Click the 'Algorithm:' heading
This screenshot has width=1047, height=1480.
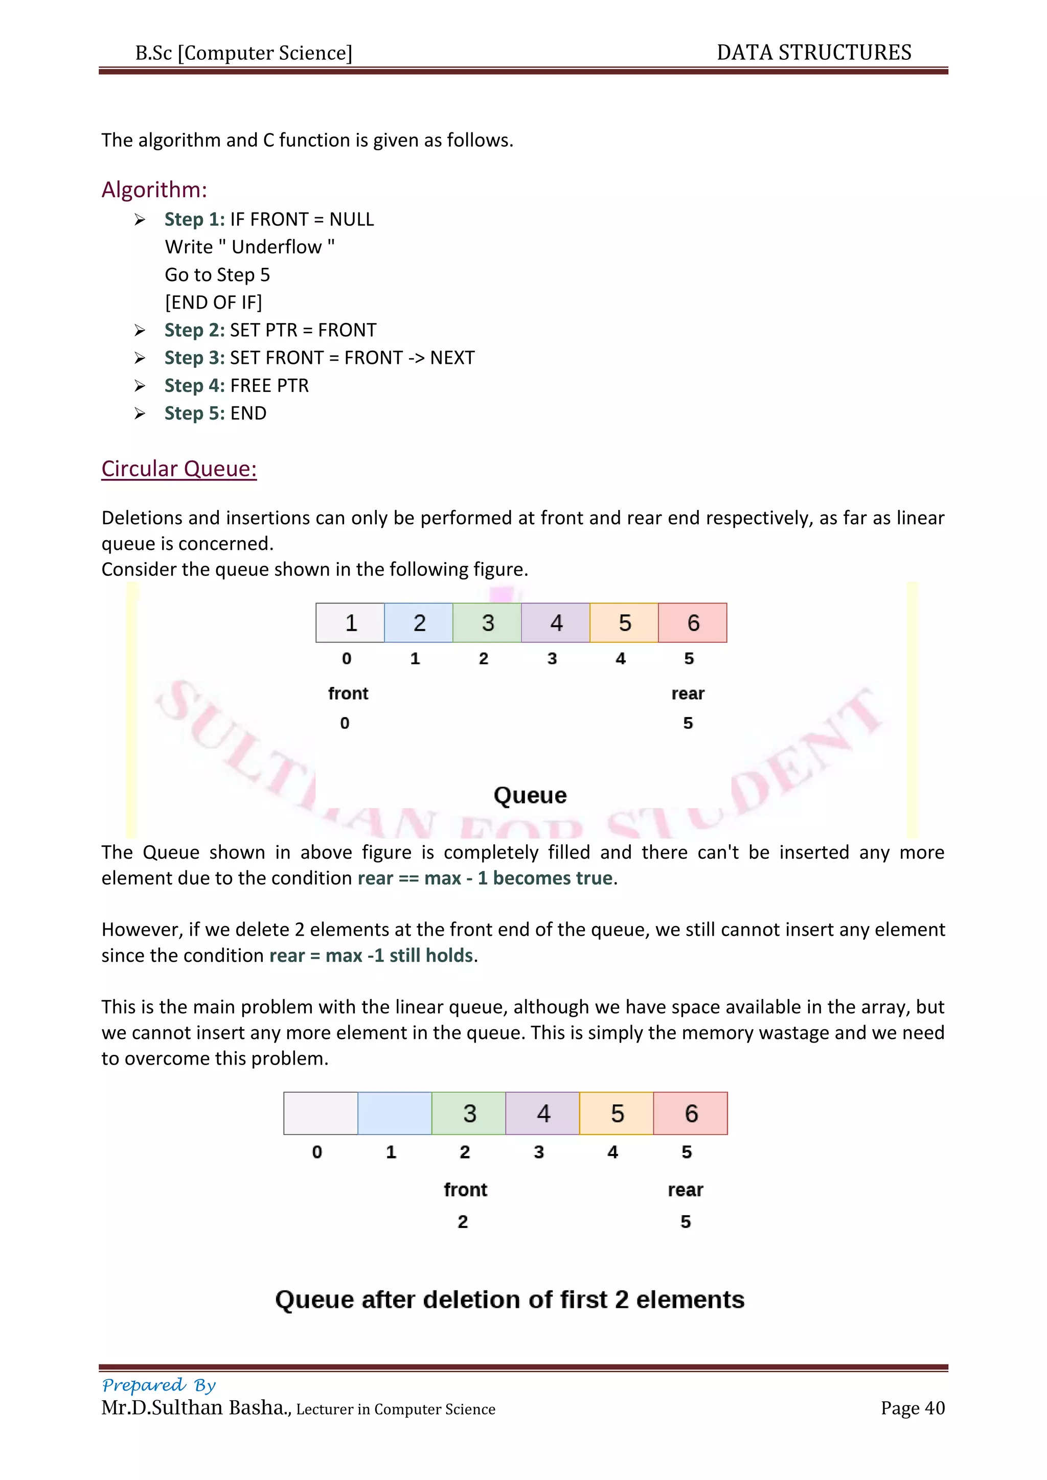pos(154,190)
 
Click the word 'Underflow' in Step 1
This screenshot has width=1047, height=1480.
pos(277,247)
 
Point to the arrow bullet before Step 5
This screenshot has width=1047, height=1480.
pos(140,413)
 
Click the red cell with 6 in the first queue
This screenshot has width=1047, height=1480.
pos(692,622)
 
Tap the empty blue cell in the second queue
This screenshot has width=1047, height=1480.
pos(395,1113)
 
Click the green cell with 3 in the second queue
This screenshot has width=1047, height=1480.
pos(469,1113)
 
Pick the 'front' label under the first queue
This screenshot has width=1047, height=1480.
pos(348,693)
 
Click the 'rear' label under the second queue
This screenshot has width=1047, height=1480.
pos(686,1190)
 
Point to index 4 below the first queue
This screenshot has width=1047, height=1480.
pos(620,659)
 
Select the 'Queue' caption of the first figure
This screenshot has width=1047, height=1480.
pos(530,795)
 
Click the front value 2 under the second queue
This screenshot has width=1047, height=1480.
pos(463,1221)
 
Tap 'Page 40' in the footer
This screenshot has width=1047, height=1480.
pos(912,1408)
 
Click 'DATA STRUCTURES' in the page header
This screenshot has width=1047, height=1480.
pos(813,52)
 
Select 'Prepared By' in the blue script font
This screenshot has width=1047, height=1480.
pos(158,1384)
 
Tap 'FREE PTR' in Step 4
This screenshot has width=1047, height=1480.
pos(269,385)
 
